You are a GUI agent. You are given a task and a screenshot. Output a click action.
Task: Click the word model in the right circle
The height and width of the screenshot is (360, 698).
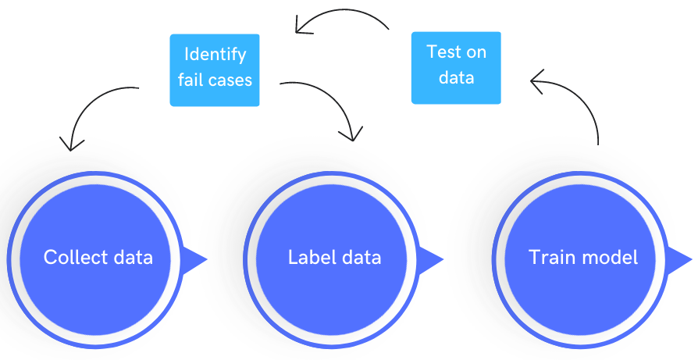(607, 257)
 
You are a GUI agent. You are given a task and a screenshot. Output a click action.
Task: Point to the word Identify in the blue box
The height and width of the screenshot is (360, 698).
(215, 55)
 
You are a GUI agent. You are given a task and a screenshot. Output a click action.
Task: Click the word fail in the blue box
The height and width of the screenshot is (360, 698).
(190, 79)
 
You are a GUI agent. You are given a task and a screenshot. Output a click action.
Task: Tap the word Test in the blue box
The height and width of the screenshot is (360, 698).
(443, 52)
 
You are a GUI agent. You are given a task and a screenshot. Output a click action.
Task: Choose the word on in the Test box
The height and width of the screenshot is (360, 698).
(477, 53)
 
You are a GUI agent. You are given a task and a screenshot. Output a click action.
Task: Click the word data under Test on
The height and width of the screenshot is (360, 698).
(456, 78)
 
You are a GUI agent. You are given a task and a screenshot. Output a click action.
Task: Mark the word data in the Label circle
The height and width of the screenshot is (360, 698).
(361, 257)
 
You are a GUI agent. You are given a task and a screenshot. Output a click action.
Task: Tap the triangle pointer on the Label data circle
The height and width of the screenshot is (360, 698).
(432, 258)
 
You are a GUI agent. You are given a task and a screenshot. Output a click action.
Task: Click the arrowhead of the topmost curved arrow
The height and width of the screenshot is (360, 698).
(301, 28)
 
